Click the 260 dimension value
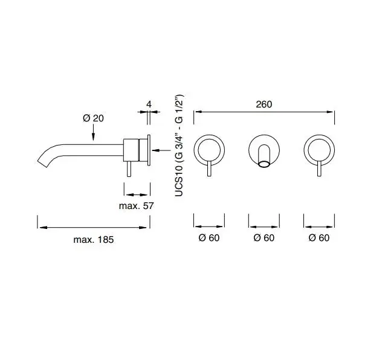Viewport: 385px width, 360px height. pos(264,104)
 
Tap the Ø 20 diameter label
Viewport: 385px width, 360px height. pos(93,118)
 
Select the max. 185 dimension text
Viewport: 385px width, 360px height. pos(94,240)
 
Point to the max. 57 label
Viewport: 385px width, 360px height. pos(136,205)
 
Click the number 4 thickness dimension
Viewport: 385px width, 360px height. pos(149,104)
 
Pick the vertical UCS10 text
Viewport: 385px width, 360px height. pos(179,146)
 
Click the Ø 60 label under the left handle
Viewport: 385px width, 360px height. pos(209,237)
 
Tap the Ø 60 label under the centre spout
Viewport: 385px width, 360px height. pos(264,237)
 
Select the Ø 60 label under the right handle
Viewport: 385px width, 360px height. pos(319,237)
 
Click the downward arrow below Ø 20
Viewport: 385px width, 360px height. pos(93,132)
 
